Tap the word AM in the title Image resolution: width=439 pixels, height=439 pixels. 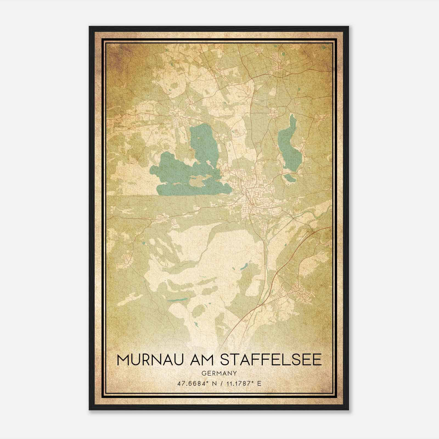pyautogui.click(x=200, y=360)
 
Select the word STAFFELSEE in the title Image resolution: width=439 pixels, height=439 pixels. pyautogui.click(x=271, y=360)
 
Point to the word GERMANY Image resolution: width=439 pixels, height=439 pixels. pyautogui.click(x=219, y=373)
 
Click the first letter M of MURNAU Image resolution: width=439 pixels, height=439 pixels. pyautogui.click(x=123, y=360)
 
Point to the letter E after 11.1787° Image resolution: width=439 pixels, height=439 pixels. pyautogui.click(x=259, y=383)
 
